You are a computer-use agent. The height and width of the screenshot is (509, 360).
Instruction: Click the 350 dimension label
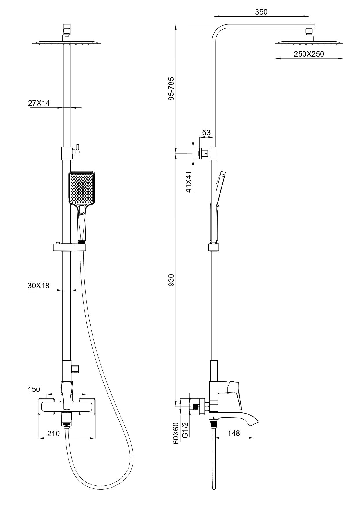[x=261, y=12]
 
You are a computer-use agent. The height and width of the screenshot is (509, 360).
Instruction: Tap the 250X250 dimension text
[x=309, y=54]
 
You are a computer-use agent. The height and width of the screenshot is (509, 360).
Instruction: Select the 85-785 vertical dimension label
[x=171, y=89]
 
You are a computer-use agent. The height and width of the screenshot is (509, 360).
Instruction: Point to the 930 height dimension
[x=171, y=280]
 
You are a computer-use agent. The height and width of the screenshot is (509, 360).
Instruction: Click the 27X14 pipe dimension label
[x=39, y=103]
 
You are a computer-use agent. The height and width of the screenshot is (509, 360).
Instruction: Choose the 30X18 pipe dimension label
[x=39, y=285]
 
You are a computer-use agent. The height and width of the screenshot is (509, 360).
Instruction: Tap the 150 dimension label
[x=34, y=389]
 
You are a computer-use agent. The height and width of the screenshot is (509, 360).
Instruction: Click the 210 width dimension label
[x=53, y=434]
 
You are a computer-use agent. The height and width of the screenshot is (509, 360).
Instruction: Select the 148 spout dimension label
[x=234, y=433]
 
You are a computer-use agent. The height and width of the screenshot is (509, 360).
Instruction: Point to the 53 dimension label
[x=206, y=133]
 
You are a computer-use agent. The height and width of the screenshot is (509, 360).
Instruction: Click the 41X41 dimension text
[x=189, y=182]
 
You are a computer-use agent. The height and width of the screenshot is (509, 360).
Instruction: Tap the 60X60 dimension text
[x=176, y=433]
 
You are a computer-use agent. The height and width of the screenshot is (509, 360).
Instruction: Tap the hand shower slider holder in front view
[x=70, y=247]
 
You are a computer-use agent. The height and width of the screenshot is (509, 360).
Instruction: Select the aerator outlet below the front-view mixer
[x=66, y=424]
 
